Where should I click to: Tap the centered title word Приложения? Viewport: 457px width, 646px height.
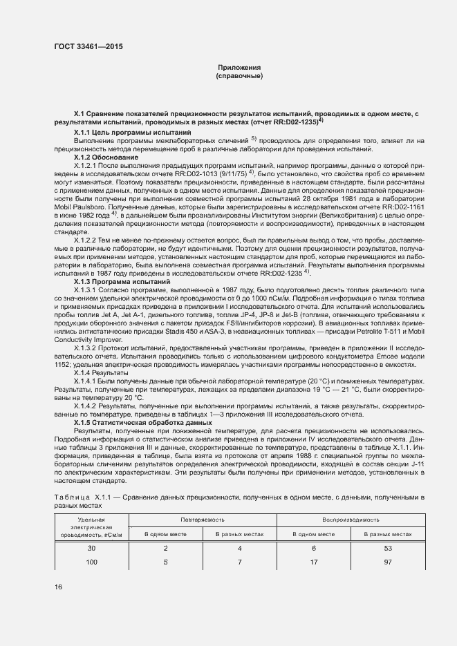pos(239,67)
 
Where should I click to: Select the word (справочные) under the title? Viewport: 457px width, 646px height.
pos(239,75)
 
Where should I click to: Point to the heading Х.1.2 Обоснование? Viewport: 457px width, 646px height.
pos(106,158)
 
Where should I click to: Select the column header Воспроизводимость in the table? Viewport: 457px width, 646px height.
pos(350,518)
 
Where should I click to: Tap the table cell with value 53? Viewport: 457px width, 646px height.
pos(388,548)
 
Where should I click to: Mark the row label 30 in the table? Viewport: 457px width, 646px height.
pos(91,548)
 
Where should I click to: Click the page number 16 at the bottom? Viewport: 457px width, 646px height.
pos(58,587)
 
